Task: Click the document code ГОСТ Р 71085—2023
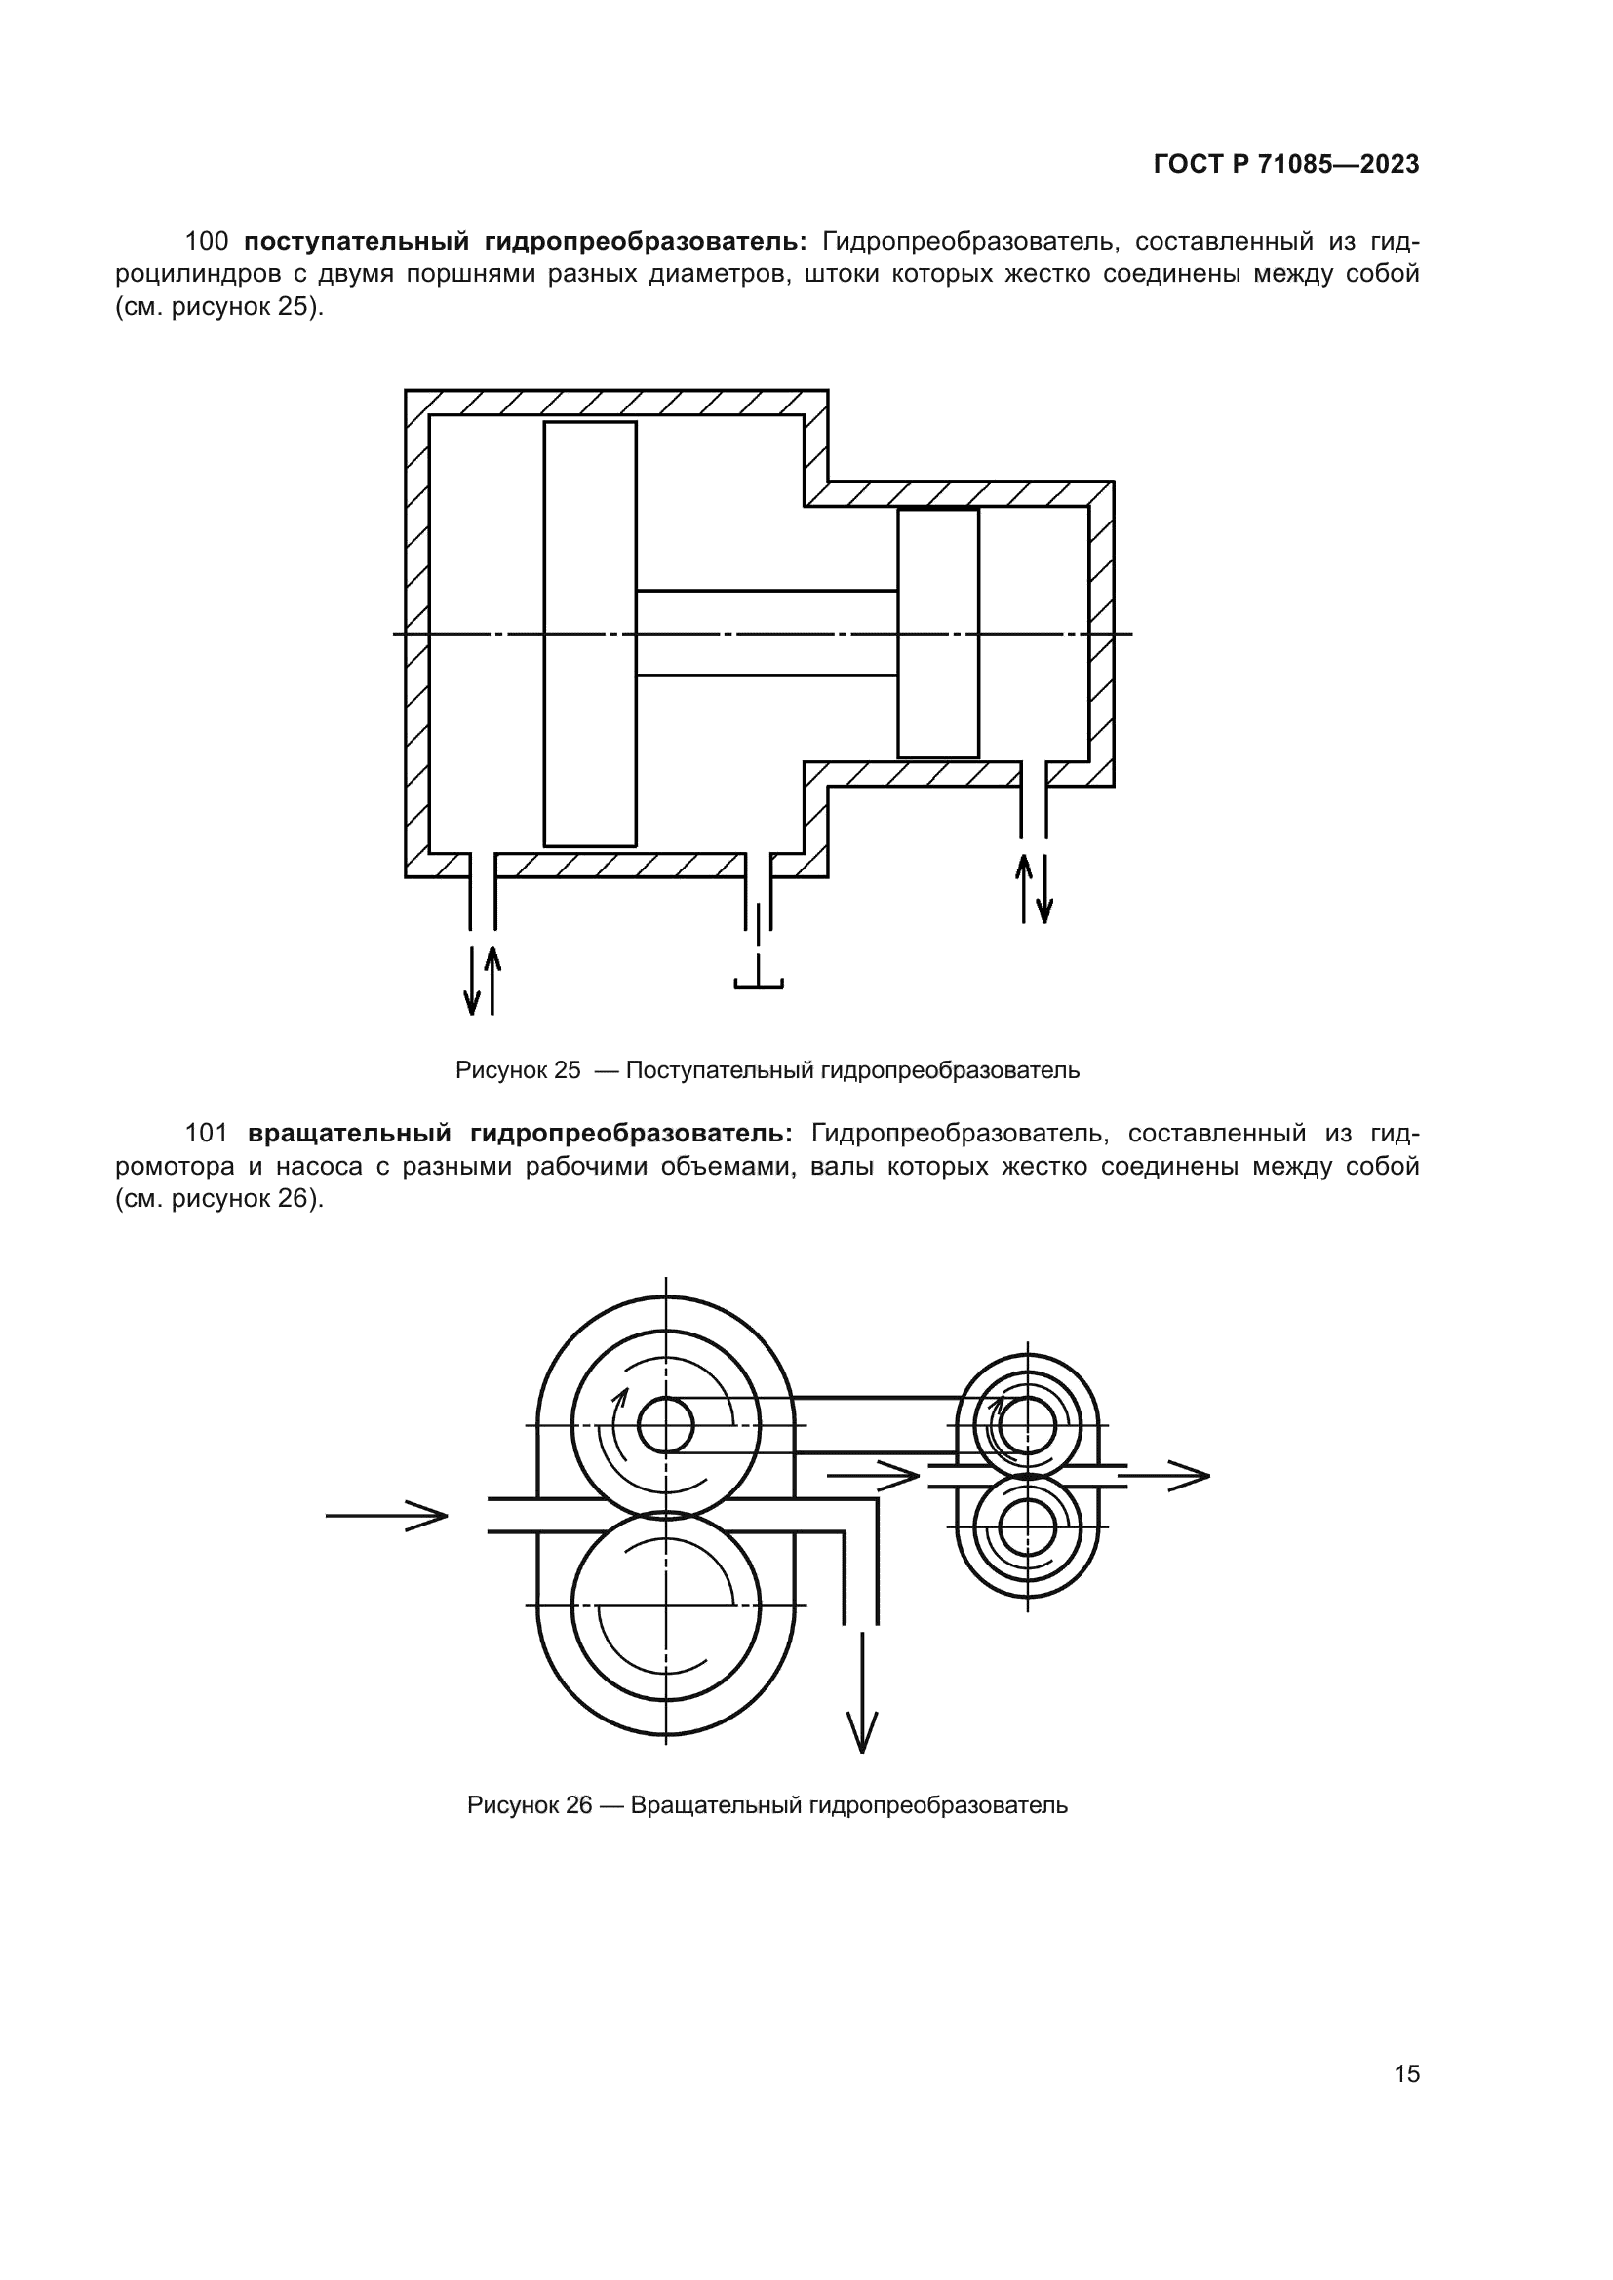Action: (1286, 165)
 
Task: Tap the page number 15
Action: (1406, 2073)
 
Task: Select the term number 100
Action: (207, 242)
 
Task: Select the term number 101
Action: (207, 1133)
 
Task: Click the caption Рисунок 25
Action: (518, 1070)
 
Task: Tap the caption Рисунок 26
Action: (530, 1805)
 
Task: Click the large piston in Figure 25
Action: (590, 634)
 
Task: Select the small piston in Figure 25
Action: (937, 634)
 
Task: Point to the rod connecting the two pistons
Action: (767, 634)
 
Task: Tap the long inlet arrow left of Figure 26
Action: (386, 1516)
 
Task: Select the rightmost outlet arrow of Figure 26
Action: (1168, 1476)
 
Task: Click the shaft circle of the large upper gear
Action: (665, 1426)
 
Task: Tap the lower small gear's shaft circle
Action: (1027, 1526)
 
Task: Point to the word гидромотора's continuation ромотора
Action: (174, 1166)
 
